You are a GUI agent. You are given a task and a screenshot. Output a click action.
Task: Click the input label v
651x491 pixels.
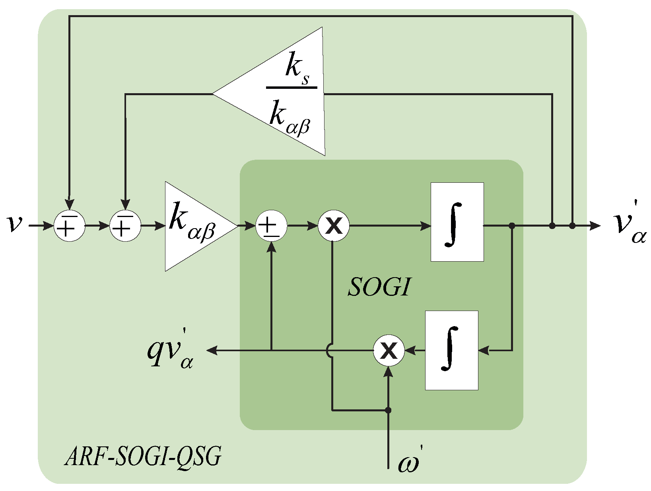tap(15, 224)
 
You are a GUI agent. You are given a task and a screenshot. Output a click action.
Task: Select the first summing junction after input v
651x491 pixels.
tap(69, 226)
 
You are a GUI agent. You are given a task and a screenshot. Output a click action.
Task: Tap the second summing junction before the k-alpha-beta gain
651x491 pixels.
tap(125, 226)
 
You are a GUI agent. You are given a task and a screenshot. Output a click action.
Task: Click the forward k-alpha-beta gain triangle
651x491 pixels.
tap(195, 226)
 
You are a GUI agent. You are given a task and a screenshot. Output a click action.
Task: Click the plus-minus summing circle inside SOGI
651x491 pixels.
tap(271, 226)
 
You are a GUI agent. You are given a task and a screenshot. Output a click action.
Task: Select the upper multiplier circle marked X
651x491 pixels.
tap(334, 226)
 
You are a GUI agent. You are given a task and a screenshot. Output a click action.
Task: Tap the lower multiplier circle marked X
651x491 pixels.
tap(389, 350)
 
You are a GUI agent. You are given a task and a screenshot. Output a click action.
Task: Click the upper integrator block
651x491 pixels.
tap(457, 222)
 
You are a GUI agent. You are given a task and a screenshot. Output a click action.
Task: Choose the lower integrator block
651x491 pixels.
tap(451, 350)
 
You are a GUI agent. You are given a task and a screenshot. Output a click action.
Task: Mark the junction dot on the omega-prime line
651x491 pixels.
tap(389, 410)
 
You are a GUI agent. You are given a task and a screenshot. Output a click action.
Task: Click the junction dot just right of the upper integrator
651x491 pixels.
tap(512, 226)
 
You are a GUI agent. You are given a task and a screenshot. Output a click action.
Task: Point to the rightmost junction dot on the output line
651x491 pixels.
tap(572, 226)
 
